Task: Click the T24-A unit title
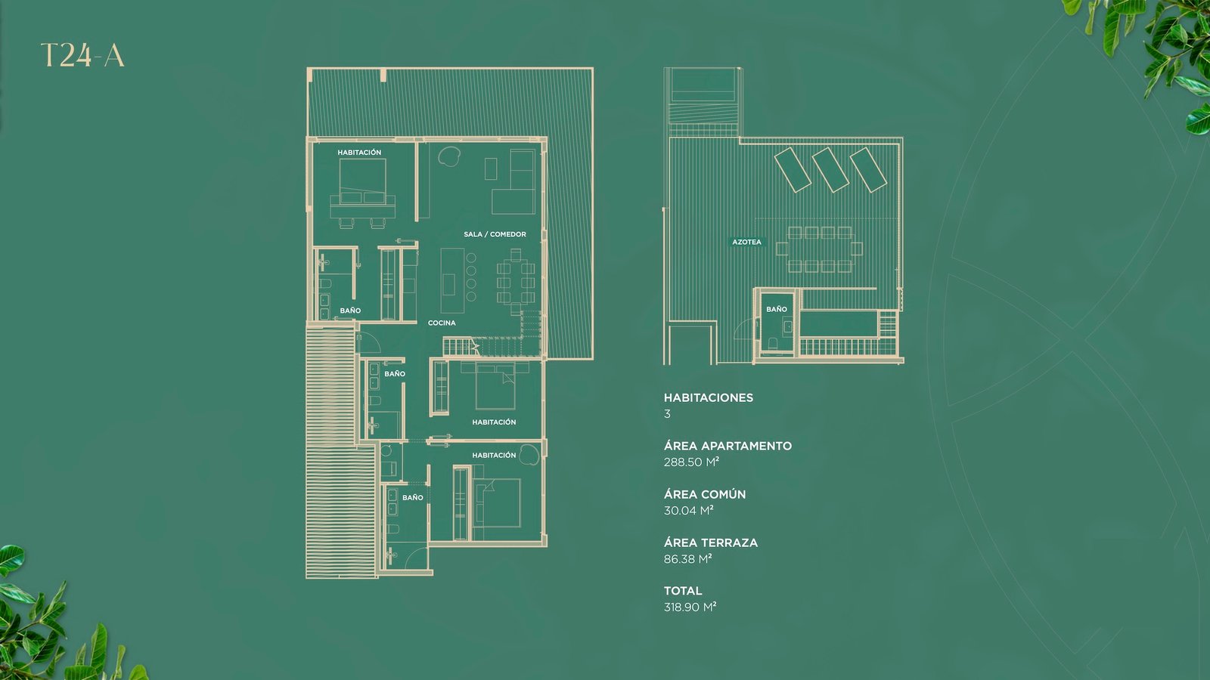pos(82,56)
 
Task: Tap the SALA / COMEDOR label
pos(495,234)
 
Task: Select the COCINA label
pos(442,323)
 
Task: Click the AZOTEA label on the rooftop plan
pos(746,242)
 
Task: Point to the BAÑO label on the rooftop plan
pos(776,309)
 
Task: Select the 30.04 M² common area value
pos(689,510)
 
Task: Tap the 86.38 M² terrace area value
pos(687,558)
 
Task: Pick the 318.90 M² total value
pos(690,607)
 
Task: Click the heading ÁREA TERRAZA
pos(711,542)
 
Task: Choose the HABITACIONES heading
pos(708,397)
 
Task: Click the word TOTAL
pos(683,590)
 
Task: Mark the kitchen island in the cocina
pos(452,280)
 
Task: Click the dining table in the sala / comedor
pos(516,282)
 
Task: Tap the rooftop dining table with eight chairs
pos(820,249)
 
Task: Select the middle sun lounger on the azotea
pos(831,169)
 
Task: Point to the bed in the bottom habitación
pos(497,502)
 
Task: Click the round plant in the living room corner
pos(449,157)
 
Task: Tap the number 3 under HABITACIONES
pos(667,414)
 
